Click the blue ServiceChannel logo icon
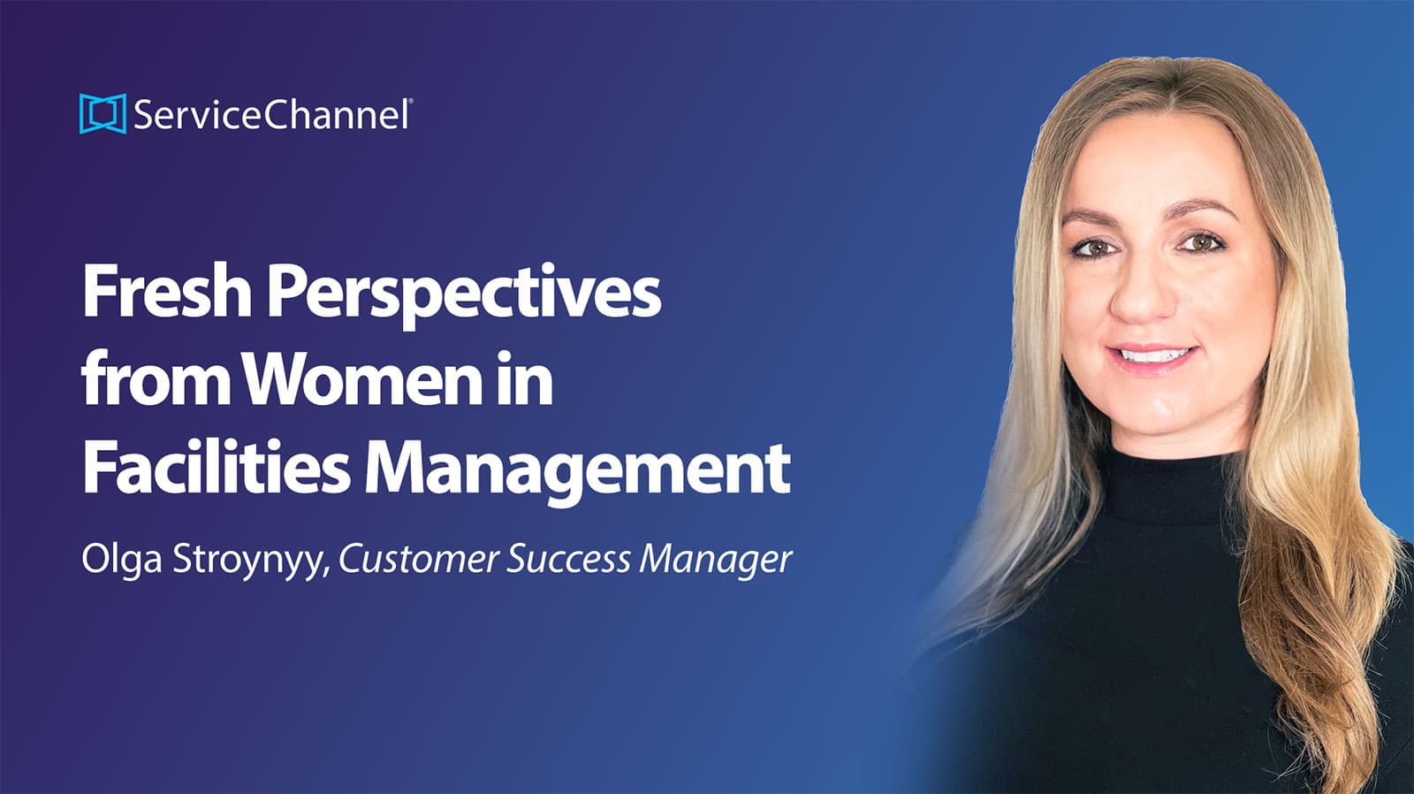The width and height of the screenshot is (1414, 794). [103, 114]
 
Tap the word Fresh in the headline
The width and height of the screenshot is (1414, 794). [167, 291]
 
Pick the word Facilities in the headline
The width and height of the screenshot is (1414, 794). [216, 468]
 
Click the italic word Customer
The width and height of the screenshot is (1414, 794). [419, 559]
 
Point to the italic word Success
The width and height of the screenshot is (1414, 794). [568, 559]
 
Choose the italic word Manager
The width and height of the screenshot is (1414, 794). [715, 561]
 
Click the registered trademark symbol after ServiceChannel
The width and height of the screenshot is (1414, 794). [411, 100]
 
